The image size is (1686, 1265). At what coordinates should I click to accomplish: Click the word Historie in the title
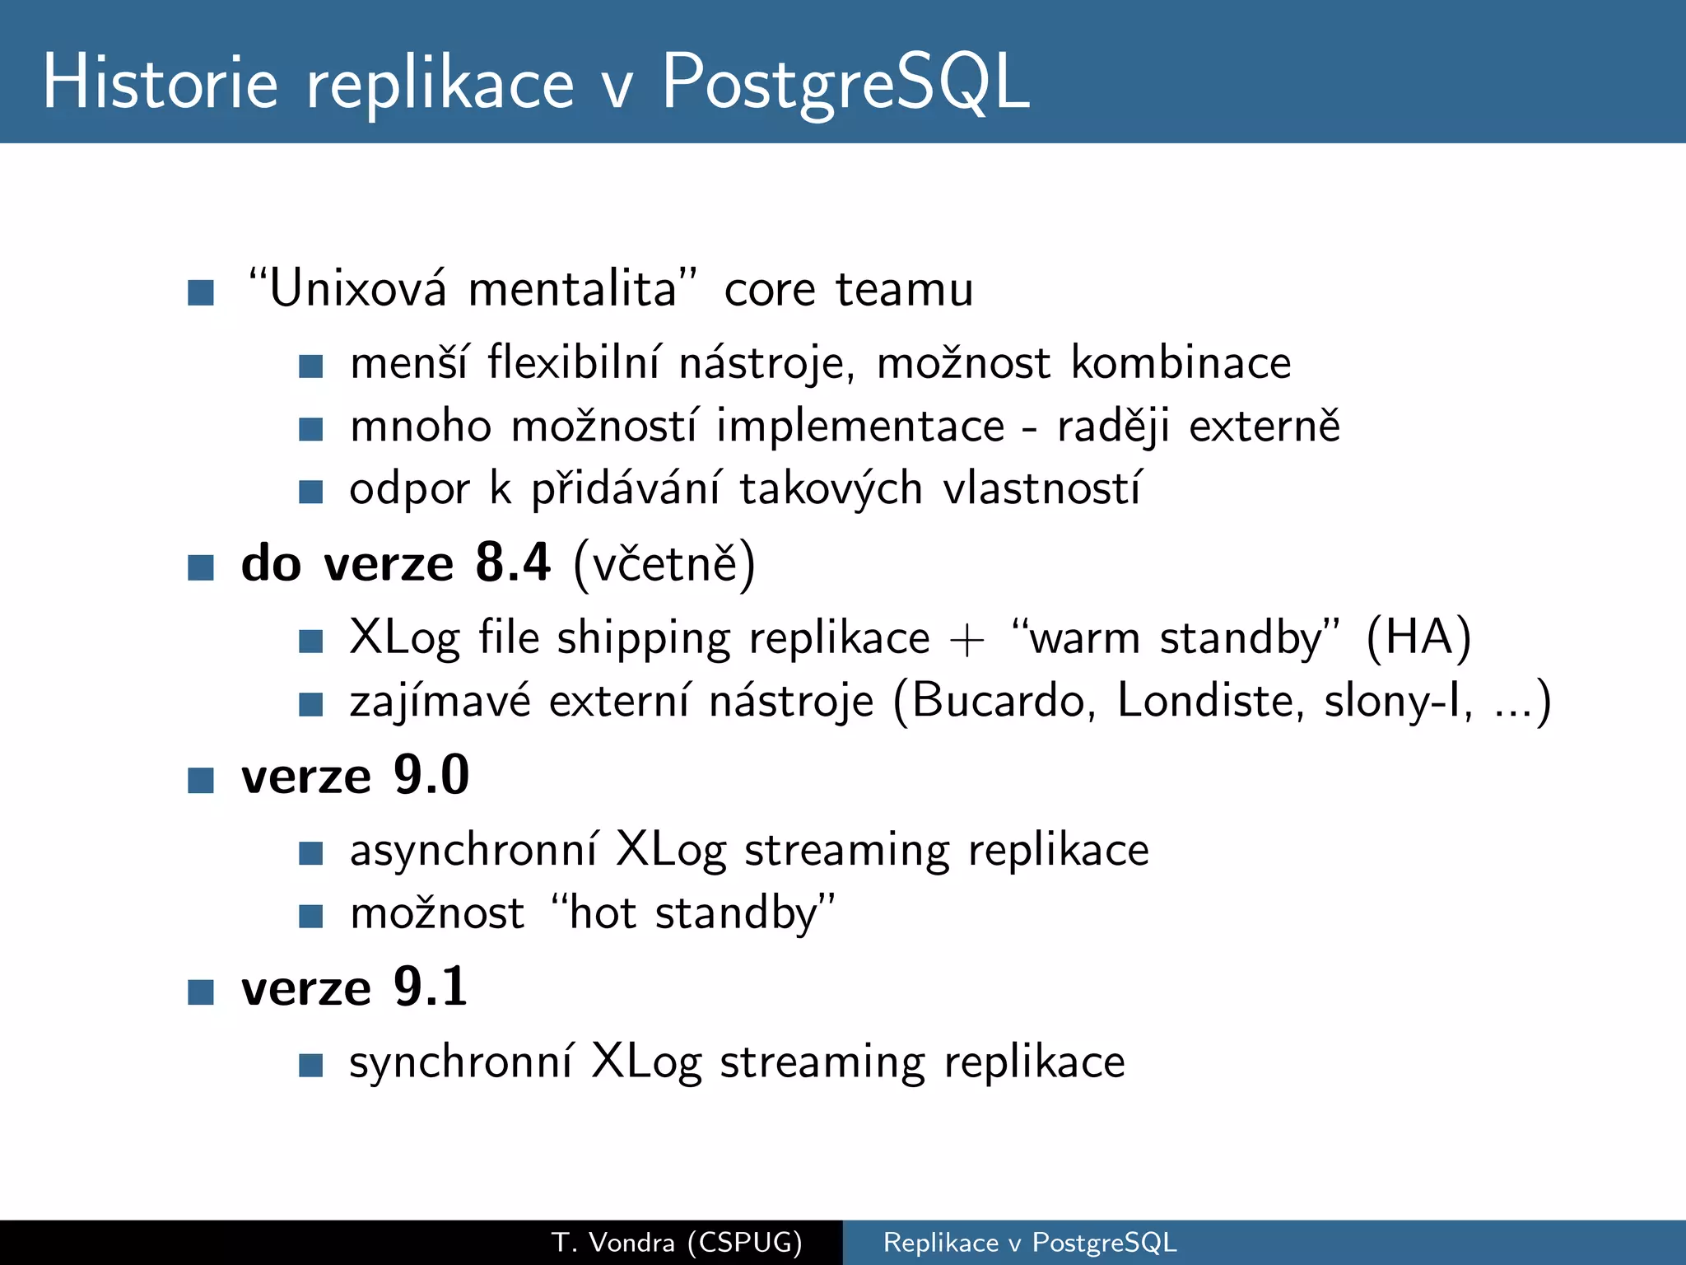(x=161, y=82)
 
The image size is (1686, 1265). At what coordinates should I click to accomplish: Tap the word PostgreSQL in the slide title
(x=845, y=82)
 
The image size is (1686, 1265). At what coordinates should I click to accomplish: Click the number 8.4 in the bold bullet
(x=512, y=563)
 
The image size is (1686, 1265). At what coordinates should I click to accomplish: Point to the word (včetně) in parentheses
(x=664, y=565)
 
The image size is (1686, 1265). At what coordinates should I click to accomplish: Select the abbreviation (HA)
(x=1418, y=638)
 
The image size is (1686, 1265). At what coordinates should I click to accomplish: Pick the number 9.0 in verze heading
(x=431, y=776)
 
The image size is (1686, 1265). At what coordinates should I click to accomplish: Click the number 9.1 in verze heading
(x=431, y=987)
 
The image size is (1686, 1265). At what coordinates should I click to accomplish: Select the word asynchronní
(x=473, y=851)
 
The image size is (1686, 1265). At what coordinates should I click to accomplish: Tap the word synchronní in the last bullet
(x=461, y=1062)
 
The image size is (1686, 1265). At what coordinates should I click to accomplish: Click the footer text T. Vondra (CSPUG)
(x=677, y=1242)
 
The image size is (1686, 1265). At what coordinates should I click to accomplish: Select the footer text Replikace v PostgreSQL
(x=1030, y=1242)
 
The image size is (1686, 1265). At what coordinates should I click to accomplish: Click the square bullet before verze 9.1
(x=201, y=992)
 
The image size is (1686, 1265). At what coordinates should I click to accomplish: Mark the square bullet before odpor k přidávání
(x=310, y=492)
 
